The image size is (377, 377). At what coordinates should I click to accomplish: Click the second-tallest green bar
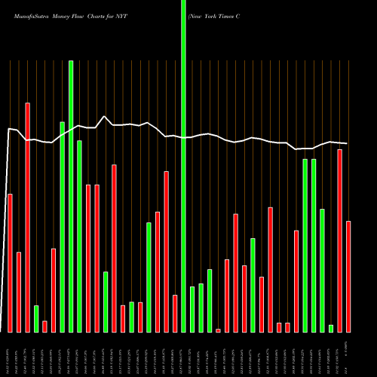(x=71, y=196)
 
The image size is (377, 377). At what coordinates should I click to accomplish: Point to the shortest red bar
(x=218, y=330)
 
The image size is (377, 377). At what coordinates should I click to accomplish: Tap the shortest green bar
(x=330, y=328)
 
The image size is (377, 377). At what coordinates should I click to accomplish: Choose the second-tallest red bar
(x=339, y=241)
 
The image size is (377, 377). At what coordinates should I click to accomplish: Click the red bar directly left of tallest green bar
(x=175, y=313)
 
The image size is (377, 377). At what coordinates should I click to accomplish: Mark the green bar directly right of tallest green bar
(x=192, y=309)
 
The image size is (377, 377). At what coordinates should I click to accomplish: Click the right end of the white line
(x=347, y=143)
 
